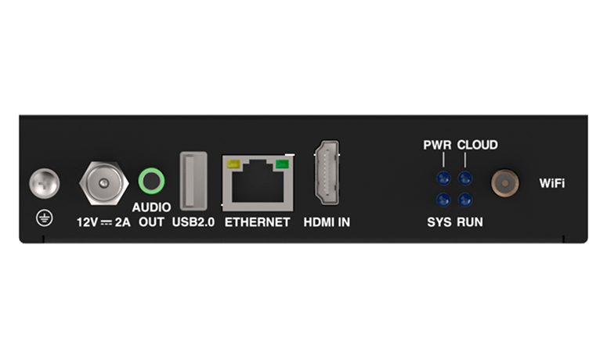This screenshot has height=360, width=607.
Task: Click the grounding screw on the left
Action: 45,183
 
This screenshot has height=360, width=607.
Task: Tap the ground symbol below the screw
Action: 45,218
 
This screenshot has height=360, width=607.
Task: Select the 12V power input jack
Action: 103,183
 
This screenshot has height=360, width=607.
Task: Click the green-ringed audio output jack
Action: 151,181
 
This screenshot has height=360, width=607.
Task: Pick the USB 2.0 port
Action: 193,181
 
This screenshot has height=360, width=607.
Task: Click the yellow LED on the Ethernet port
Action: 233,164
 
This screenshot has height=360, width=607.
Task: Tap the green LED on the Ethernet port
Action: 282,164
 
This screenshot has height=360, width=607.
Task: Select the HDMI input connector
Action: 327,172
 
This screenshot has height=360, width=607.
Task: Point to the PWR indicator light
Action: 443,178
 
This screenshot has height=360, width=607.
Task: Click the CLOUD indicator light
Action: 465,178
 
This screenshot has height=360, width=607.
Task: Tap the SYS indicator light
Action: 443,200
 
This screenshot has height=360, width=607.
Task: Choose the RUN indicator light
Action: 465,200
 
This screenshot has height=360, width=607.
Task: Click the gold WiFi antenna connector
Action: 505,183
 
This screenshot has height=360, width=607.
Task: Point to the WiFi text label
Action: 552,183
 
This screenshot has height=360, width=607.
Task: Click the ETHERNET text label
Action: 258,222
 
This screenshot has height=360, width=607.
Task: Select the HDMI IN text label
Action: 327,222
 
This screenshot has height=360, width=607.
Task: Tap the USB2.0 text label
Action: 193,222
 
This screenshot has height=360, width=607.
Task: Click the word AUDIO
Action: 151,207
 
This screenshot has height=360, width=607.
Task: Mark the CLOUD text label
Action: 477,145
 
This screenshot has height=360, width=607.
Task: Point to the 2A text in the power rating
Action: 122,222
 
